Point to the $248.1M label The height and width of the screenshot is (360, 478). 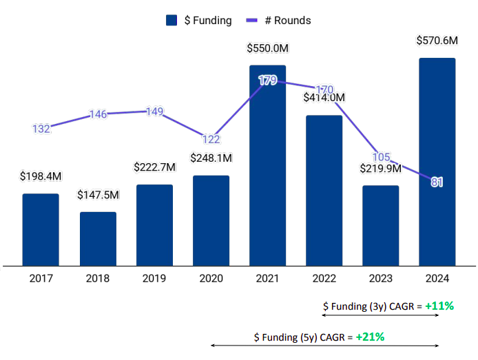click(211, 158)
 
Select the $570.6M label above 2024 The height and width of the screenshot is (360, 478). click(437, 41)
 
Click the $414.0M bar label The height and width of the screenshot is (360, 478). click(324, 98)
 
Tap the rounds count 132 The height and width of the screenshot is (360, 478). click(41, 129)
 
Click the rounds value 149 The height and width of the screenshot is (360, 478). click(154, 112)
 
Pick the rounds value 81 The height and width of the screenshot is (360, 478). click(437, 182)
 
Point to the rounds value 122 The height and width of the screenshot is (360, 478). click(211, 138)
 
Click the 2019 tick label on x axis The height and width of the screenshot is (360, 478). click(154, 278)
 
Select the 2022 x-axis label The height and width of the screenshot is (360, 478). click(324, 278)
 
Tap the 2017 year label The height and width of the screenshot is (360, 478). click(41, 278)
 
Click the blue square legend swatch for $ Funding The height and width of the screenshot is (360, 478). click(172, 21)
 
